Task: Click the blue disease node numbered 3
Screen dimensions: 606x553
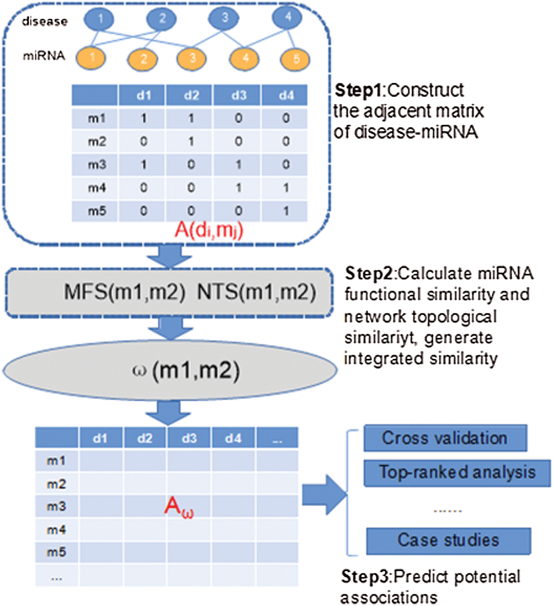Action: [x=225, y=18]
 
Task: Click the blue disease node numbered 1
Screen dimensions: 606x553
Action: [x=100, y=19]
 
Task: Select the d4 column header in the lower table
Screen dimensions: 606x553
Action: [x=232, y=439]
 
